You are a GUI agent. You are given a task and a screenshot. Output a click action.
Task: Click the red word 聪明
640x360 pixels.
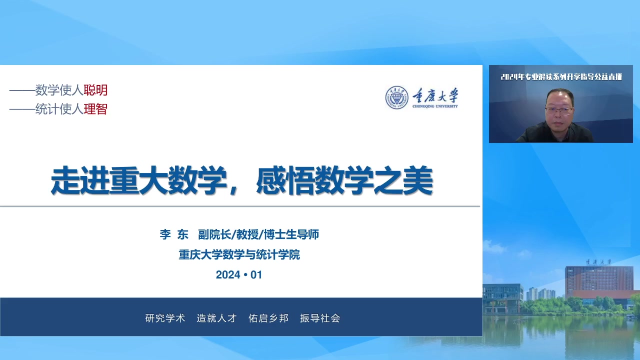point(95,90)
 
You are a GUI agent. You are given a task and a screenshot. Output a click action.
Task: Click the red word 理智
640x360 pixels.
point(95,109)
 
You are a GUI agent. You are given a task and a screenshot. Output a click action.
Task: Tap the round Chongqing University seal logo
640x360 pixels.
point(396,97)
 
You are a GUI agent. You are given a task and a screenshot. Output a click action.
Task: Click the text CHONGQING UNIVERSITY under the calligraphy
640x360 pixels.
point(435,106)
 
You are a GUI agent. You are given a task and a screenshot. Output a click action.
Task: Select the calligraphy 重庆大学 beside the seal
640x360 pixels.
point(435,95)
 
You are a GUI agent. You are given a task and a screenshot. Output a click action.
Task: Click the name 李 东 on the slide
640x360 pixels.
point(174,234)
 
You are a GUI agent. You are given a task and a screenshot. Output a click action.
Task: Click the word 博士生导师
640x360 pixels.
point(291,234)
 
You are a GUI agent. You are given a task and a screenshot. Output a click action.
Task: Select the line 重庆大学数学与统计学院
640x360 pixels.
point(239,255)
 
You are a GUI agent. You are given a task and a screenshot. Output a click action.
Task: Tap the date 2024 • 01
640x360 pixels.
point(239,275)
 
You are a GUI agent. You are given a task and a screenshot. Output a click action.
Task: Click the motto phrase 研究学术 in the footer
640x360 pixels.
point(165,318)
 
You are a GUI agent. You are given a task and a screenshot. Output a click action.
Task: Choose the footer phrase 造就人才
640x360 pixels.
point(216,318)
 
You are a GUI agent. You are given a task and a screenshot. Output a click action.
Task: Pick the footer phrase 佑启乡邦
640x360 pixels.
point(268,318)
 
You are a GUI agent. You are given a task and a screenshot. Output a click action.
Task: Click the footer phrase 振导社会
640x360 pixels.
point(320,318)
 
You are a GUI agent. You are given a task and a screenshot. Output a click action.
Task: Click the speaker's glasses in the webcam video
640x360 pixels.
point(559,110)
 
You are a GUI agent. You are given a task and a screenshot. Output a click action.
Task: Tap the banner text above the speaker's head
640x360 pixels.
point(561,77)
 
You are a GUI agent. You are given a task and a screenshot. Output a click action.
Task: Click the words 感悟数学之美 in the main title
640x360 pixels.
point(344,180)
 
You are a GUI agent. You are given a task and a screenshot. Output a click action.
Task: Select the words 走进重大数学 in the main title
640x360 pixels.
point(138,180)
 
